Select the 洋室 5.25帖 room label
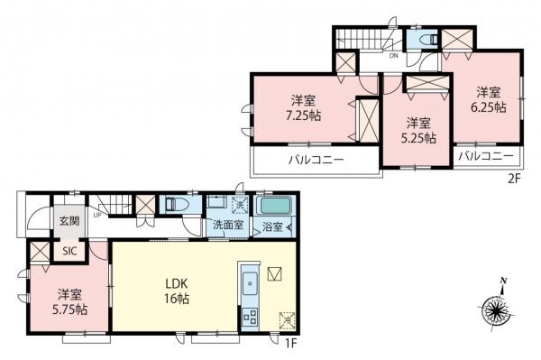point(418,131)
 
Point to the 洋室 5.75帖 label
point(68,301)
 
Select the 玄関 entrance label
point(69,219)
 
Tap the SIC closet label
point(69,252)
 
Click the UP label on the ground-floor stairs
point(95,215)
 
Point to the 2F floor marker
point(515,179)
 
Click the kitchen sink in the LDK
point(250,290)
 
